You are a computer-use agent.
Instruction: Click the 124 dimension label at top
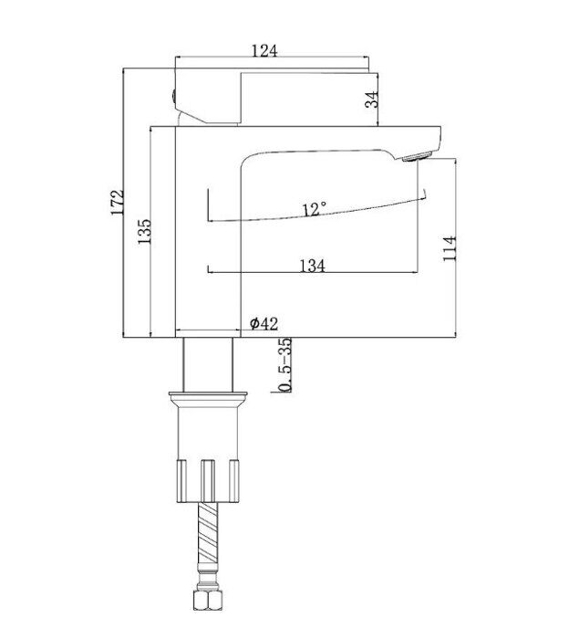[x=264, y=51]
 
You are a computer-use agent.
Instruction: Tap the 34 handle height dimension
[x=372, y=100]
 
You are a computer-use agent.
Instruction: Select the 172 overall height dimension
[x=118, y=202]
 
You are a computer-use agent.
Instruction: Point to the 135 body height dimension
[x=144, y=232]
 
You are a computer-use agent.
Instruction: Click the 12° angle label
[x=314, y=209]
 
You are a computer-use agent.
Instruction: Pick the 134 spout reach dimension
[x=313, y=267]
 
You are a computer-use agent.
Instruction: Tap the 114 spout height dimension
[x=450, y=248]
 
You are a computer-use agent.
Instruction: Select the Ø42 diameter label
[x=264, y=323]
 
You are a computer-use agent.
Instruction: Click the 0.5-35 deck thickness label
[x=286, y=365]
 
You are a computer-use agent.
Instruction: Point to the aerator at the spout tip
[x=417, y=156]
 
